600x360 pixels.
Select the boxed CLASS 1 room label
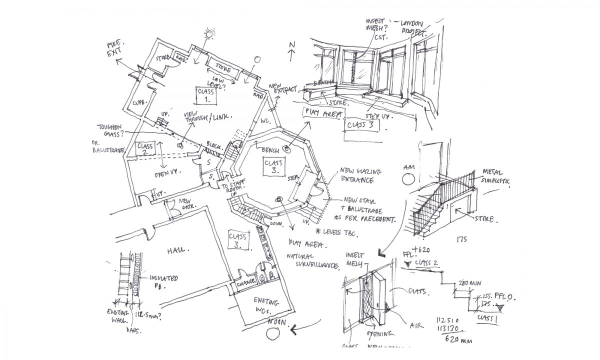(x=206, y=95)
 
